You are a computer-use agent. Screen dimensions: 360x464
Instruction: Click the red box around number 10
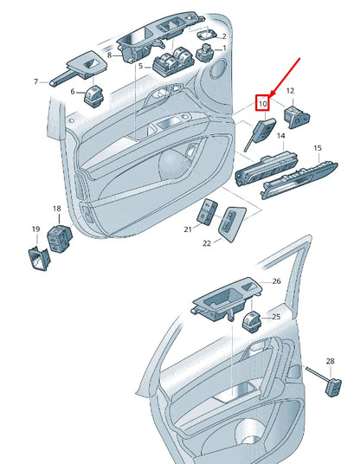(262, 103)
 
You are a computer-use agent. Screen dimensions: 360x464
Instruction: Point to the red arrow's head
(272, 95)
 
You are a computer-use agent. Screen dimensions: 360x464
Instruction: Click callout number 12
(290, 91)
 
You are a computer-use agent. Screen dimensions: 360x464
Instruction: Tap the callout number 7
(35, 81)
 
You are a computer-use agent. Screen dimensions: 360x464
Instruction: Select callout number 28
(330, 361)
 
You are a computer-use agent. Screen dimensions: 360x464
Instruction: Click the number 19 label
(35, 229)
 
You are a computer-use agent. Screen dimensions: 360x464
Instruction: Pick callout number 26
(276, 281)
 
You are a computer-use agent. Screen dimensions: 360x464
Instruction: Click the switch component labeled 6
(94, 96)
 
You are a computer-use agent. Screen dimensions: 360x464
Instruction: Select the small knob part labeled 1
(206, 53)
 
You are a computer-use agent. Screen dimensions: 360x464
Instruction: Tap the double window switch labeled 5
(174, 61)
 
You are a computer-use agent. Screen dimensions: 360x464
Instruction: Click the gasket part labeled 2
(206, 35)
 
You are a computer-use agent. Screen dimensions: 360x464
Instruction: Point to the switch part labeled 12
(297, 118)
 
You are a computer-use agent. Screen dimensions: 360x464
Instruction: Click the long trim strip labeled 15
(299, 180)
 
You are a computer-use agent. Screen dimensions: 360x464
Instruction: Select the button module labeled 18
(60, 238)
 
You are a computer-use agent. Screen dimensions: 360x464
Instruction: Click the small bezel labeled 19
(39, 259)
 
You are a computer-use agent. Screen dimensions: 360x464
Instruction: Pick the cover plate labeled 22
(232, 223)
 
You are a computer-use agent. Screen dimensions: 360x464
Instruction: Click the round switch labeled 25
(252, 322)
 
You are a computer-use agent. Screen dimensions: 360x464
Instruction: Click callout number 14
(280, 136)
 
